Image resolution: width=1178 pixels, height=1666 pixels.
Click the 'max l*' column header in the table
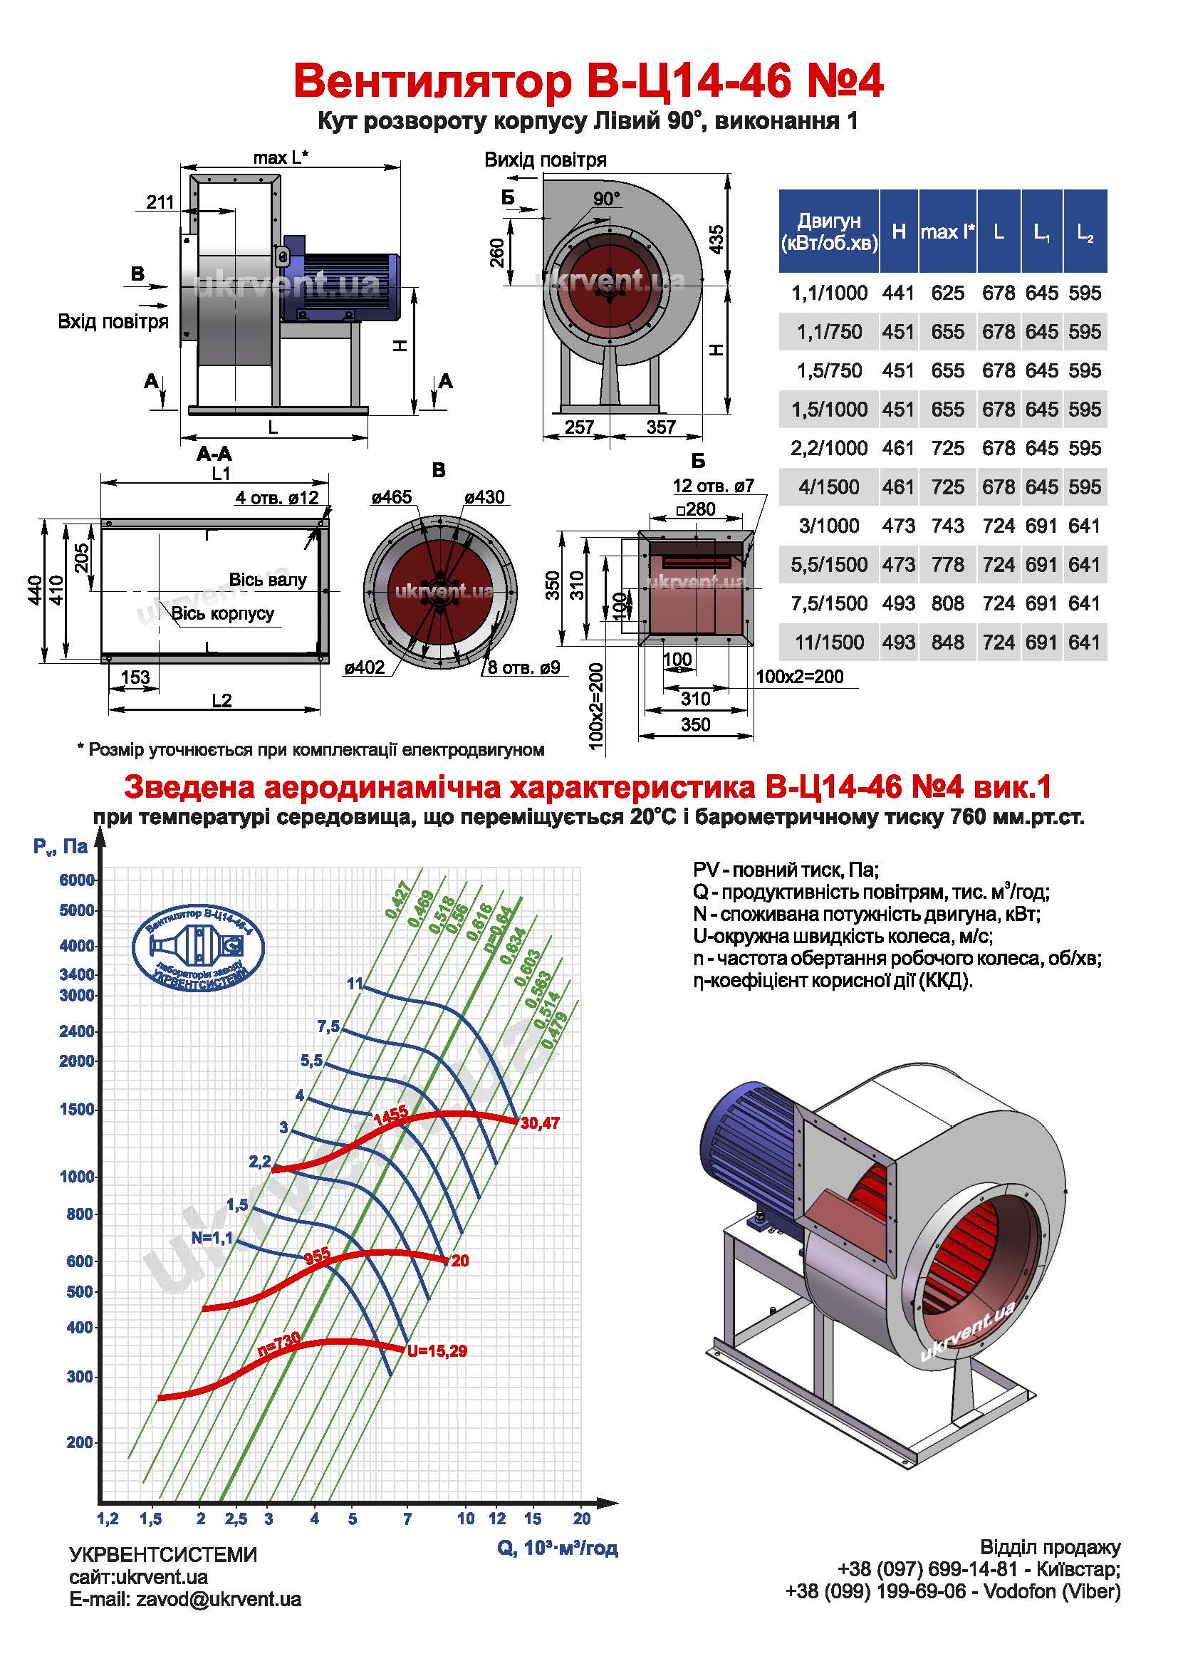click(947, 231)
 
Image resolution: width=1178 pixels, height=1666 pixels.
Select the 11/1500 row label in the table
click(829, 642)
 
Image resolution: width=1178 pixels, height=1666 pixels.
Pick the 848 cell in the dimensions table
click(947, 642)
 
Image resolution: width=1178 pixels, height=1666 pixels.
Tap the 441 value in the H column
click(898, 293)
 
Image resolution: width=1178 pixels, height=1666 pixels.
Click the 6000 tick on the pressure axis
click(77, 880)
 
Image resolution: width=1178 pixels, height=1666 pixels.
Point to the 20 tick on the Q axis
click(582, 1518)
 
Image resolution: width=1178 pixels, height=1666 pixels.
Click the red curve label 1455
click(391, 1115)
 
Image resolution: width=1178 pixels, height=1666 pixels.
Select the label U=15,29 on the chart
click(437, 1350)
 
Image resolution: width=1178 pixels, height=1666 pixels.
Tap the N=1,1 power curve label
click(212, 1237)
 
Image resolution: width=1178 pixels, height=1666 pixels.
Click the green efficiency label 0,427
click(398, 900)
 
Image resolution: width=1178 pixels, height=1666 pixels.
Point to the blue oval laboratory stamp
click(198, 947)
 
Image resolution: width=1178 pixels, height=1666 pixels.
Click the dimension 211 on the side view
click(160, 202)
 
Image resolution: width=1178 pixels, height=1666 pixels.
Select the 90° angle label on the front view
click(606, 199)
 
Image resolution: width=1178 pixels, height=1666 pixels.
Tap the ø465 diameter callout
click(392, 497)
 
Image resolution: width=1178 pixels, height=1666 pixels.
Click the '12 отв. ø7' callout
click(714, 486)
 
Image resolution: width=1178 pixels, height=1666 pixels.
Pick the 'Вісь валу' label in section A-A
click(268, 580)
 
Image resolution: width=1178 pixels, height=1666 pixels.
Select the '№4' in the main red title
click(845, 81)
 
